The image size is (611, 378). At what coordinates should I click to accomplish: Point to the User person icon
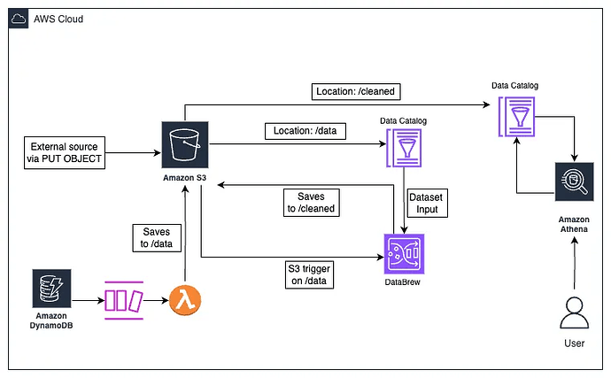tap(576, 315)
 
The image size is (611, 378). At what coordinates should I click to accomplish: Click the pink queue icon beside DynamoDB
tap(123, 302)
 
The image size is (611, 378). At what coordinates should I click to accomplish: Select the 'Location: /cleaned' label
tap(353, 92)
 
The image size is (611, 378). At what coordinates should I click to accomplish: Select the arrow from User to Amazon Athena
tap(575, 269)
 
